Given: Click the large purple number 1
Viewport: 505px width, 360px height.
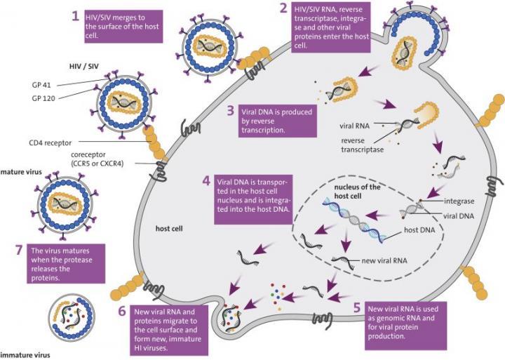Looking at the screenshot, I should pyautogui.click(x=76, y=15).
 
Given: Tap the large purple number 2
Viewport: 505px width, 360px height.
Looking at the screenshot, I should pyautogui.click(x=283, y=9).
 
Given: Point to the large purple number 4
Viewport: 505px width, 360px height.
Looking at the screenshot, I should pyautogui.click(x=206, y=180).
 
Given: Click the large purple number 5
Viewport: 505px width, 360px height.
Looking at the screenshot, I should pyautogui.click(x=357, y=307).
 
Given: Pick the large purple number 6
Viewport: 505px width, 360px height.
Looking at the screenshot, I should pyautogui.click(x=122, y=311).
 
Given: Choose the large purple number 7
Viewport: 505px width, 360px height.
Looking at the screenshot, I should pyautogui.click(x=19, y=251).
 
